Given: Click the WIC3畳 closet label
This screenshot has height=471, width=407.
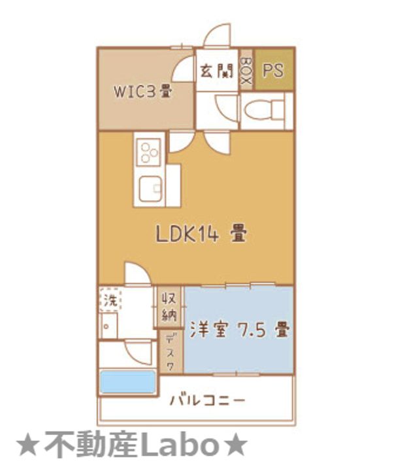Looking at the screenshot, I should [x=144, y=91].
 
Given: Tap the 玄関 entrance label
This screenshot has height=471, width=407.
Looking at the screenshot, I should [x=216, y=70].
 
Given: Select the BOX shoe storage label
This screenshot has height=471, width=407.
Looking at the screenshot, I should [x=246, y=70].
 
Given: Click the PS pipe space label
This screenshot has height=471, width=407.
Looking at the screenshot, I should [x=273, y=70].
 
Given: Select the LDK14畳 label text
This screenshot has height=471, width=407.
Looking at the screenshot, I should [x=201, y=234].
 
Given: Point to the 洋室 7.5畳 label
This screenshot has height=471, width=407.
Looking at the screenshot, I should [x=239, y=330].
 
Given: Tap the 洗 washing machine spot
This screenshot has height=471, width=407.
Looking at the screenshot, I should [x=112, y=301].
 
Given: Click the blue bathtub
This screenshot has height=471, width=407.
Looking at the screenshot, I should [x=127, y=382].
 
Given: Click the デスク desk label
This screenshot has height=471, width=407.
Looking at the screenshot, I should [x=170, y=353].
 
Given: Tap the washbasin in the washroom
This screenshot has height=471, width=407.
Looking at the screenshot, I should [x=109, y=324].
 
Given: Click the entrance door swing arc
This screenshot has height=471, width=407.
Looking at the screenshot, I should [x=217, y=36].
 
